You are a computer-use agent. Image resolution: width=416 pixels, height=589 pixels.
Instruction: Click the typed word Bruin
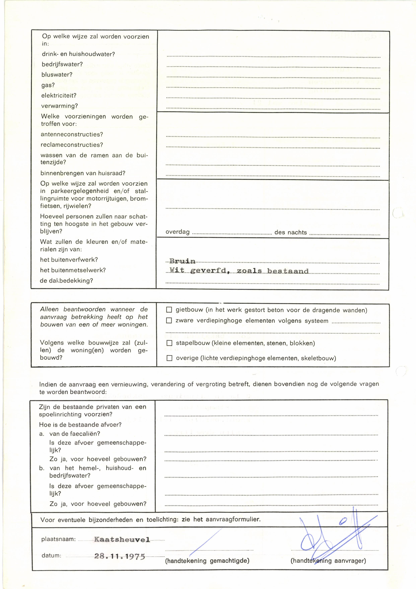[182, 261]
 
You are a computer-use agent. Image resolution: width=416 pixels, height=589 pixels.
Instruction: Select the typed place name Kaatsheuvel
[122, 539]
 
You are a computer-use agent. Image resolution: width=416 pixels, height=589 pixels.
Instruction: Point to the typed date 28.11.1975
[120, 557]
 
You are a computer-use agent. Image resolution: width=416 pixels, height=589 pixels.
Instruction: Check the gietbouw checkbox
[169, 310]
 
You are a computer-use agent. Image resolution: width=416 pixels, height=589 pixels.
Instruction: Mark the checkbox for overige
[169, 358]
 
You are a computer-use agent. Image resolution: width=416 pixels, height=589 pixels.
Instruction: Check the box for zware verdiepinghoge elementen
[169, 320]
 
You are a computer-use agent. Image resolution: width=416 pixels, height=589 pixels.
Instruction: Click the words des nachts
[291, 232]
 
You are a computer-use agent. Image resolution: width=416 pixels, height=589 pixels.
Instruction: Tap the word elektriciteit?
[59, 96]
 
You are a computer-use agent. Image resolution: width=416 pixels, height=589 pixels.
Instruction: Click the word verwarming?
[59, 106]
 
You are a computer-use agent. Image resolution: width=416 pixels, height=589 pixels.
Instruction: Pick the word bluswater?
[57, 75]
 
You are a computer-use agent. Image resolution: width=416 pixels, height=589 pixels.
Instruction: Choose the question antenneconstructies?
[72, 134]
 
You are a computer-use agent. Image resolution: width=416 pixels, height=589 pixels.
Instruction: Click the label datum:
[51, 556]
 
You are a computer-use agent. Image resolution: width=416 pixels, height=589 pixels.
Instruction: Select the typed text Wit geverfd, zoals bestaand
[239, 271]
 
